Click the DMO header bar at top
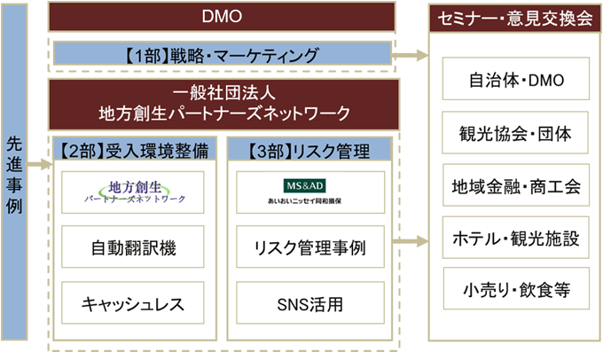(x=222, y=17)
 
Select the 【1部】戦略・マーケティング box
(x=223, y=54)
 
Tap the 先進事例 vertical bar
(x=14, y=172)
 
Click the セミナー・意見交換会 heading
(x=515, y=18)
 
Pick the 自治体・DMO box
(x=516, y=79)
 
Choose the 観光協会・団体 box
(x=515, y=133)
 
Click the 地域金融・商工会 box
(x=516, y=185)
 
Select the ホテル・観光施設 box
(x=516, y=238)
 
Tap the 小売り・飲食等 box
(x=516, y=288)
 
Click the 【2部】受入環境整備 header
(x=135, y=149)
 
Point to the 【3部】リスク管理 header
(x=309, y=149)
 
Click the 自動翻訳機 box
(x=133, y=247)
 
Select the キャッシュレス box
(x=133, y=302)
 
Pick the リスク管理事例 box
(x=310, y=247)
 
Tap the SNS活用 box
(x=310, y=302)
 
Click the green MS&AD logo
(x=305, y=186)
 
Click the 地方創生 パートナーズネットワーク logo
(x=135, y=192)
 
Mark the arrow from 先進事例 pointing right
(x=39, y=165)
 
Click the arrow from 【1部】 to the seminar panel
(x=410, y=55)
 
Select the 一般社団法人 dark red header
(x=223, y=105)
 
